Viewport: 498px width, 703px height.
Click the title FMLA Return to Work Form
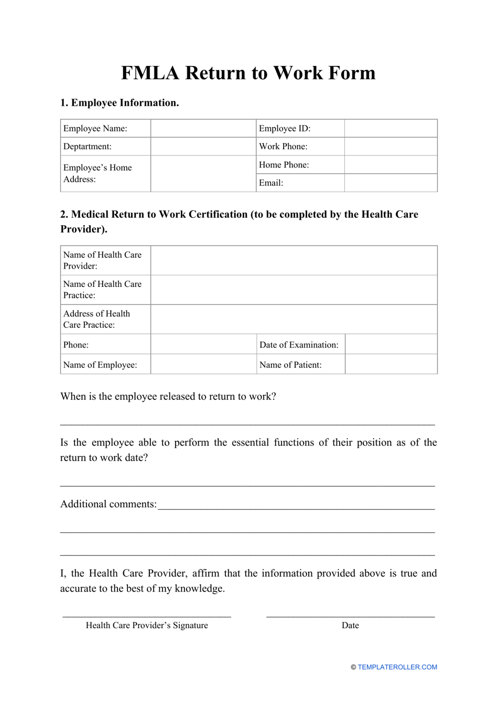point(248,73)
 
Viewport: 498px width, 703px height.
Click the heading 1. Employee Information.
point(120,103)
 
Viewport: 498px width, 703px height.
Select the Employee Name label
point(95,128)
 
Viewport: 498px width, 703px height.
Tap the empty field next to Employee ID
point(391,128)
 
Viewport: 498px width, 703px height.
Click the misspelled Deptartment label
point(88,147)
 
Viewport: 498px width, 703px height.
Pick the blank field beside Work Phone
point(391,147)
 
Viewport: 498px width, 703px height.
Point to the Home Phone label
point(284,165)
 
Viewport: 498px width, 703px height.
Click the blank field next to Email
point(391,183)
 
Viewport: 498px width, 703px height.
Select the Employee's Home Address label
point(98,173)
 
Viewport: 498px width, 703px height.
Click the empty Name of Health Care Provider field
point(294,261)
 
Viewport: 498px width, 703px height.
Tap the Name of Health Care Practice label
point(102,289)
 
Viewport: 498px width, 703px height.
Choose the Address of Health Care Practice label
point(96,319)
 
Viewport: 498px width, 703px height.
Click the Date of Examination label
point(299,344)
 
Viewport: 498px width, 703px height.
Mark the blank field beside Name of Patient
point(391,364)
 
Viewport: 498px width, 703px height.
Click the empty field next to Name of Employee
point(203,364)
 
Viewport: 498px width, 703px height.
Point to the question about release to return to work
point(168,396)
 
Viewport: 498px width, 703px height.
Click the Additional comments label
point(109,504)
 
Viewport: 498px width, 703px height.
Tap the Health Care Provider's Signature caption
point(147,626)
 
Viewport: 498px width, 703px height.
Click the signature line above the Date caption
point(350,616)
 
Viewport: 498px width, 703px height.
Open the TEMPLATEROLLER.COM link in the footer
point(397,667)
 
